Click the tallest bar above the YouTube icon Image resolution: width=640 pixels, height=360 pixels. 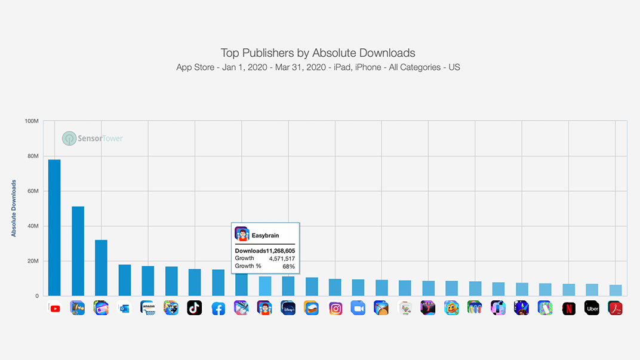54,227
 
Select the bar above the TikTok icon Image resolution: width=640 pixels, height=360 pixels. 195,282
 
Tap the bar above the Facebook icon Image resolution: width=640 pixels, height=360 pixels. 218,282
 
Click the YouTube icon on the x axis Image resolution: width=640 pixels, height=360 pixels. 54,308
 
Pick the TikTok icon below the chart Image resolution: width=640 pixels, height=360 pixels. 195,308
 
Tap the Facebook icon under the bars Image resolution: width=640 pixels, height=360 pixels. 218,308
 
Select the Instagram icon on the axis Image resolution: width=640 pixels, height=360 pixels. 335,308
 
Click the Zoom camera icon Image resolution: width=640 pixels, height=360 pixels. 358,308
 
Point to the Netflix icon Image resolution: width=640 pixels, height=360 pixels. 569,308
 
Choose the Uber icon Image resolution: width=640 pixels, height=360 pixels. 592,308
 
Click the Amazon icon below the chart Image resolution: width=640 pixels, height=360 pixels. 147,308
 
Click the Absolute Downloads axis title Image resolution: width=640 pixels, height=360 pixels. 14,208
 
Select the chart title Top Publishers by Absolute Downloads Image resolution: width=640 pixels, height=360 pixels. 318,53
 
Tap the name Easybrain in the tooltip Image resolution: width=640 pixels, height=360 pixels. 265,235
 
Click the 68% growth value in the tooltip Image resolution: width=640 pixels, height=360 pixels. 288,266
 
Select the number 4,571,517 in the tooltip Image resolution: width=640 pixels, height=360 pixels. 282,259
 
